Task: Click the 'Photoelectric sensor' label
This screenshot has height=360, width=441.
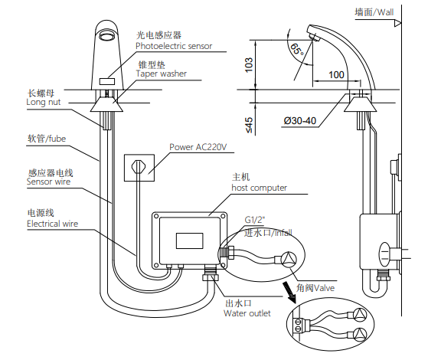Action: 174,46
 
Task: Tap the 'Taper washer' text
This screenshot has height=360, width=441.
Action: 162,74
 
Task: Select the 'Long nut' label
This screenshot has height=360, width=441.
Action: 44,102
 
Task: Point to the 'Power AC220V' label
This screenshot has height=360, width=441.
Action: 198,147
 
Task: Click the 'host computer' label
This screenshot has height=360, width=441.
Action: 260,188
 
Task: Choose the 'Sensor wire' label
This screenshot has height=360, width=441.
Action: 48,182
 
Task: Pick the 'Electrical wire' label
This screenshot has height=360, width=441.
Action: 52,224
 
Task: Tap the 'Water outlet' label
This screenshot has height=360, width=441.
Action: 247,313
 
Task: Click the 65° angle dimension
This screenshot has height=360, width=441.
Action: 297,49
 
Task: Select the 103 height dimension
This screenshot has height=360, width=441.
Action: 249,65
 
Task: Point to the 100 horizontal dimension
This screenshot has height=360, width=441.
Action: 336,75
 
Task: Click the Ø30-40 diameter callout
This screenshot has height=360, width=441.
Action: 300,121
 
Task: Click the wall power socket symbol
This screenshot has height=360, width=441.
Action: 139,168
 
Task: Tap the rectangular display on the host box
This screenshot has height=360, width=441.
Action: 190,241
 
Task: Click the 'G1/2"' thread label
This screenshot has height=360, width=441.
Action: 255,220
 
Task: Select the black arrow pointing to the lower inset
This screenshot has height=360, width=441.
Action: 289,293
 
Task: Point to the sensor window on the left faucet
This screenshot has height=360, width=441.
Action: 107,82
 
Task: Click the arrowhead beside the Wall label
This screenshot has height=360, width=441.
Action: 397,24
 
